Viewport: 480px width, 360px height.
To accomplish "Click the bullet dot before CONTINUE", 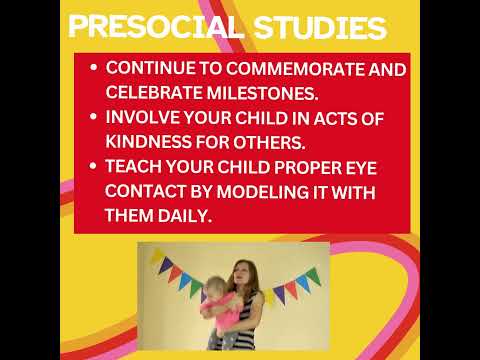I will coord(93,69).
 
